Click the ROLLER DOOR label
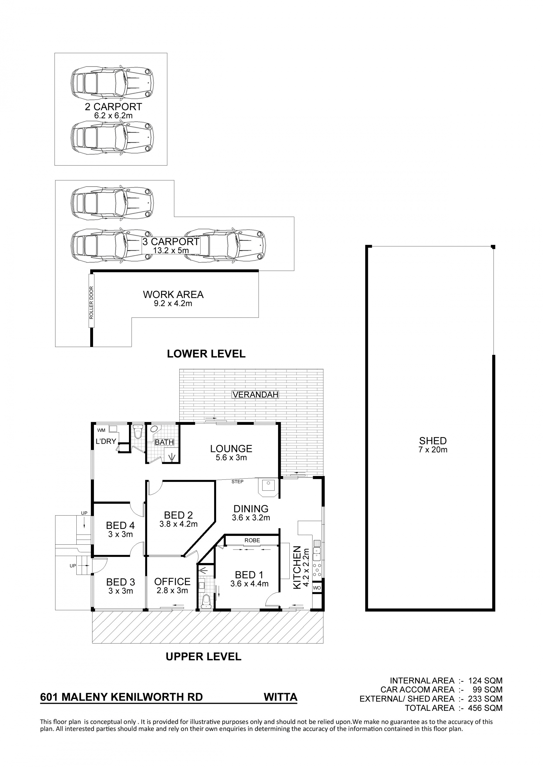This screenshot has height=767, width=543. [91, 302]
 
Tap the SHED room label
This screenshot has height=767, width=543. [433, 441]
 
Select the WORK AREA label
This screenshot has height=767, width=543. [173, 295]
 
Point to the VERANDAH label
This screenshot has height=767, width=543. [255, 395]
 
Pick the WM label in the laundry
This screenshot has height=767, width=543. [101, 430]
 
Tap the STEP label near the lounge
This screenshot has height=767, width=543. [237, 482]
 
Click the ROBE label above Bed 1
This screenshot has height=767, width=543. [252, 540]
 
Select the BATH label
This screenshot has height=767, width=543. [164, 442]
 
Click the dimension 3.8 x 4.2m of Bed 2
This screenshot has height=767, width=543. [178, 524]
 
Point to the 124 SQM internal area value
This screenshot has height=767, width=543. [485, 681]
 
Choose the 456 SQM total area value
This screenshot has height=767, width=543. [485, 708]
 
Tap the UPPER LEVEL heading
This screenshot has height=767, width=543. [204, 657]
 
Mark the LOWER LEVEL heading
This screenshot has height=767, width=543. [206, 353]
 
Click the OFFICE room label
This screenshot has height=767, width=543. [172, 582]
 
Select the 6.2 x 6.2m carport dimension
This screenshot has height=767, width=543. [113, 116]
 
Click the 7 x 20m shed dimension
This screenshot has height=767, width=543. [433, 450]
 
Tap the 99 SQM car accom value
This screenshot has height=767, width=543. [488, 690]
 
